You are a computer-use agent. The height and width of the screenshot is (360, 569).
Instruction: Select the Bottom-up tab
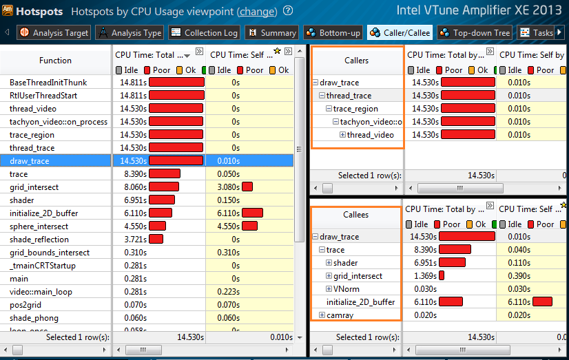coord(333,32)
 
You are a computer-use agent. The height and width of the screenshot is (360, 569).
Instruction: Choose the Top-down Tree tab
coord(474,32)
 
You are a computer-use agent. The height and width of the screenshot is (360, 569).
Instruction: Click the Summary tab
coord(271,32)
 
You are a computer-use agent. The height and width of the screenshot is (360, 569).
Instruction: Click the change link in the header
coord(257,12)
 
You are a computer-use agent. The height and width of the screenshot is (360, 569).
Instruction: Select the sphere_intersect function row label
coord(39,226)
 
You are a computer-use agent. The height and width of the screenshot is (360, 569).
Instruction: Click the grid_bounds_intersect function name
coord(49,253)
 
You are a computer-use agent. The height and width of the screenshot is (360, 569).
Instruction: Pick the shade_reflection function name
coord(39,240)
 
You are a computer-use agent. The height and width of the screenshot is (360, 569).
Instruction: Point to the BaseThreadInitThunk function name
coord(48,83)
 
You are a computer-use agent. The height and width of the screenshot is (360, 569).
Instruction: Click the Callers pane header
coord(356,61)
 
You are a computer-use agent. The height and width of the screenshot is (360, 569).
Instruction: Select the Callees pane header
coord(355,215)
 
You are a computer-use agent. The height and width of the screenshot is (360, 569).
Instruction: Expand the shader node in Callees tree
coord(329,263)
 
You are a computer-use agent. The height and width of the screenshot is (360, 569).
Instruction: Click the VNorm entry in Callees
coord(346,289)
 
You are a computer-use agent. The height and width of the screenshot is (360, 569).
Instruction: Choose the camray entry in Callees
coord(340,315)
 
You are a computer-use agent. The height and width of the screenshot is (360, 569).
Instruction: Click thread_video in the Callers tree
coord(370,135)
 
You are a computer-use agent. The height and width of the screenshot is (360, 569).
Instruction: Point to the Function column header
coord(55,61)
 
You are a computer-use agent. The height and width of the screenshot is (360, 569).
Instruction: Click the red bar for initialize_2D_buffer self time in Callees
coord(542,302)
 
